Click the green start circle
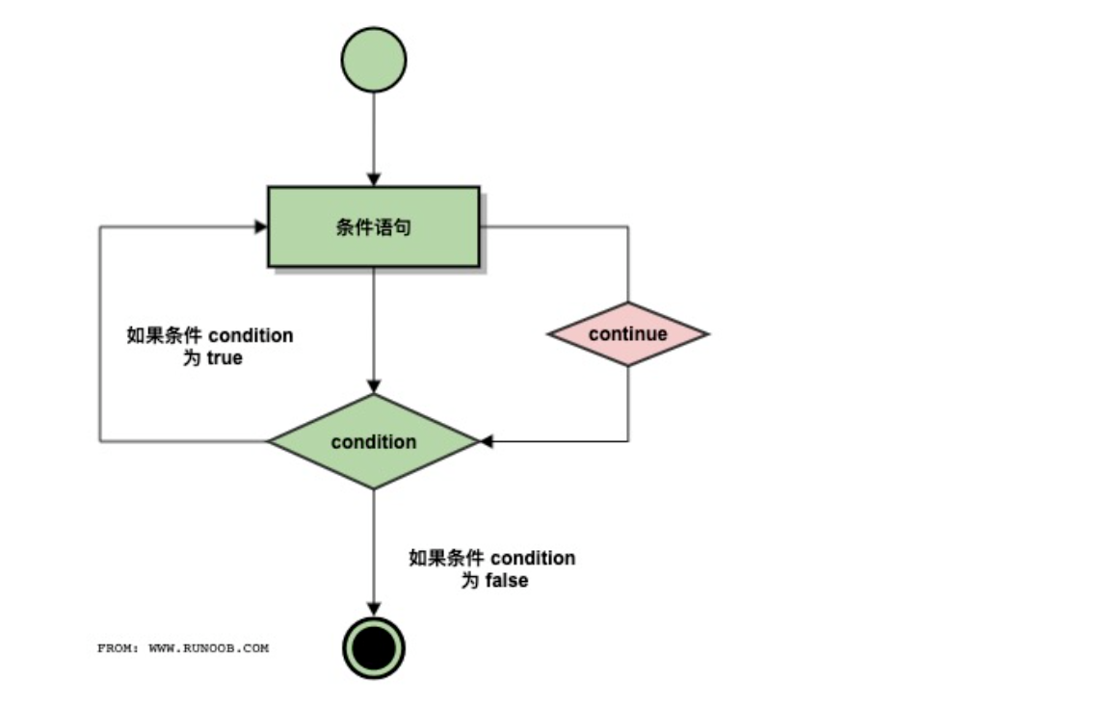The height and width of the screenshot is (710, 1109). coord(374,60)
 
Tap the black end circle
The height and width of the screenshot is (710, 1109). coord(374,648)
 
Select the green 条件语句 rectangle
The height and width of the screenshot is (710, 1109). coord(374,227)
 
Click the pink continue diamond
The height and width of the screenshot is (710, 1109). coord(628,334)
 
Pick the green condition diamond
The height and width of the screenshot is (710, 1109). coord(374,442)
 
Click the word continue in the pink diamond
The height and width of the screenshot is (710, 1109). coord(628,334)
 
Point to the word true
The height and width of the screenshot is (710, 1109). coord(224,358)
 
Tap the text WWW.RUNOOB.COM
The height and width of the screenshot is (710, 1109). coord(209,648)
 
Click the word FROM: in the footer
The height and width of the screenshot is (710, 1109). coord(119,648)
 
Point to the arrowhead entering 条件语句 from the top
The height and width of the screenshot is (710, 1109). coord(374,180)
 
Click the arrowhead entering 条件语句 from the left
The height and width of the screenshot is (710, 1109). coord(260,227)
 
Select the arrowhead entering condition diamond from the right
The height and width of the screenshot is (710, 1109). coord(487,442)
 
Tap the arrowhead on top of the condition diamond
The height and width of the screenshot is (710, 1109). coord(374,387)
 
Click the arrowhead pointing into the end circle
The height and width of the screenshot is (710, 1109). coord(374,610)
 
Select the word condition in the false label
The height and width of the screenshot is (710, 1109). coord(533,559)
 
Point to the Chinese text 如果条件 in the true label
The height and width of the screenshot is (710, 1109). coord(165,336)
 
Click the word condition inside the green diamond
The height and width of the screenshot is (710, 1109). coord(374,442)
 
